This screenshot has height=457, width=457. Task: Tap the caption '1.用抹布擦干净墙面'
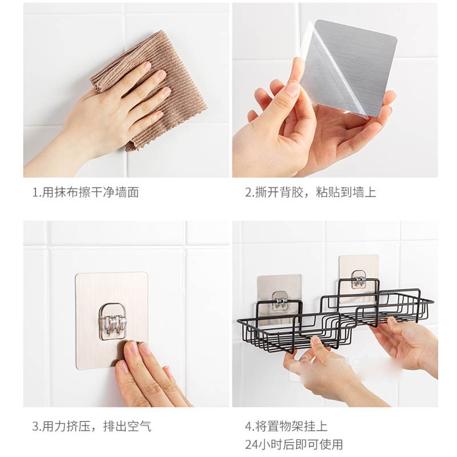(85, 193)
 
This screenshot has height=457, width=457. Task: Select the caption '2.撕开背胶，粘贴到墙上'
(310, 193)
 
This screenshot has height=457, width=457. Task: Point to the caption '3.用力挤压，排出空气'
(91, 426)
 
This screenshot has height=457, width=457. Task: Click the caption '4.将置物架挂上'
(286, 426)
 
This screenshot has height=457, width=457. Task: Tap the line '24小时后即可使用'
(294, 444)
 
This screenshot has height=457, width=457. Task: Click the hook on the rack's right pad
(359, 279)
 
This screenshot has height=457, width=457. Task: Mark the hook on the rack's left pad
(280, 300)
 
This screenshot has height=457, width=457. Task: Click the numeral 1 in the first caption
(35, 193)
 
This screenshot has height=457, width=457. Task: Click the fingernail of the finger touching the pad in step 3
(133, 347)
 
